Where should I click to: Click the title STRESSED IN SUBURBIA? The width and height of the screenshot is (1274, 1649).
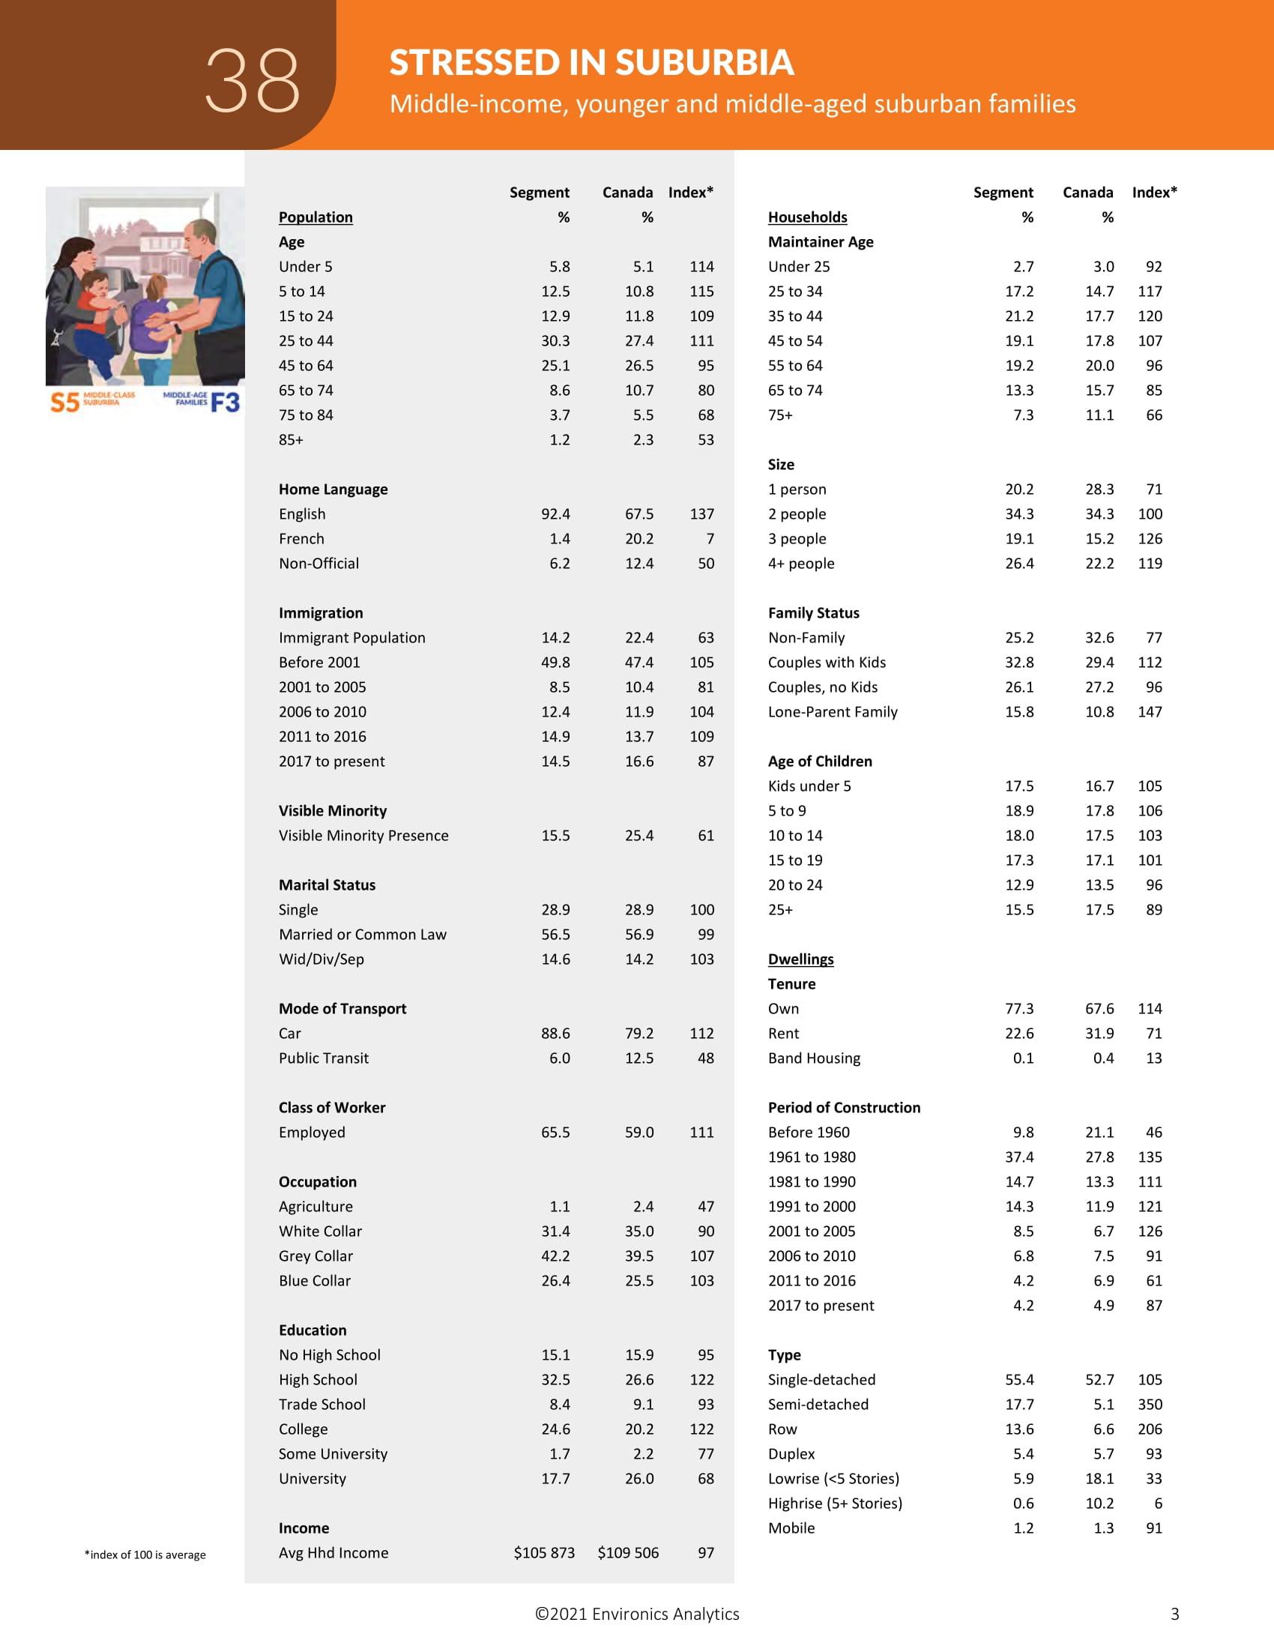(x=591, y=63)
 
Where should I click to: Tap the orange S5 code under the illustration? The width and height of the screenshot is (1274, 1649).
(x=64, y=402)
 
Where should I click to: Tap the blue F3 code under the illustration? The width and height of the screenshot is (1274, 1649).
(x=225, y=402)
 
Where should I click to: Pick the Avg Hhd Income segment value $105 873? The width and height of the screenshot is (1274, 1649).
(x=543, y=1552)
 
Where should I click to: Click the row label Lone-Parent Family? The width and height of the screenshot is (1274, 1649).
(x=833, y=711)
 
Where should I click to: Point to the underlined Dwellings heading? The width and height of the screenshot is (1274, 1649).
(x=800, y=959)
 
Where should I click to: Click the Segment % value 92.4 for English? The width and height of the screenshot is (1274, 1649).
(x=555, y=513)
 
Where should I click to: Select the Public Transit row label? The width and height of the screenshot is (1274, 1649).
(x=323, y=1058)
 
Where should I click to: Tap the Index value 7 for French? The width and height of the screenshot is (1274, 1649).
(x=710, y=538)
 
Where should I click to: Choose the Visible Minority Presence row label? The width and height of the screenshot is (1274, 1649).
(x=363, y=835)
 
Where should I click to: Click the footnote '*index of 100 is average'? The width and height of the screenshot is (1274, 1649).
(x=145, y=1555)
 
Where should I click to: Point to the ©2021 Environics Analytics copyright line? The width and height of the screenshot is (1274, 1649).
(x=637, y=1614)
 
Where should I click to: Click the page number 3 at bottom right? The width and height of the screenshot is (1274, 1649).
(x=1174, y=1614)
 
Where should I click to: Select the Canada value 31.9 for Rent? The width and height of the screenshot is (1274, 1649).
(x=1099, y=1033)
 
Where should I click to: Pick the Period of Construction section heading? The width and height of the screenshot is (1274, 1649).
(x=844, y=1107)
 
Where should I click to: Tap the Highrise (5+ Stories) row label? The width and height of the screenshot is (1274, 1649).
(x=835, y=1503)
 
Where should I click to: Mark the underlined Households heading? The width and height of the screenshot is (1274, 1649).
(x=807, y=217)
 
